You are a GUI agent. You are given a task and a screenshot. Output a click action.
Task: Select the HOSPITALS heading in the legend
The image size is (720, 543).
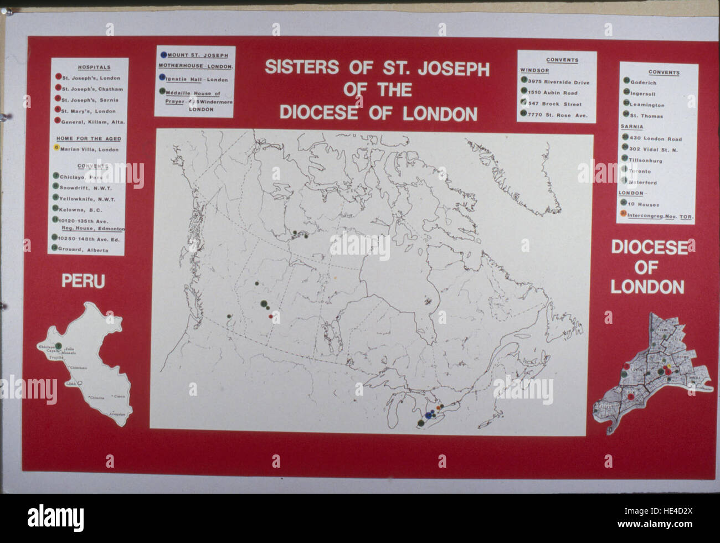coord(90,67)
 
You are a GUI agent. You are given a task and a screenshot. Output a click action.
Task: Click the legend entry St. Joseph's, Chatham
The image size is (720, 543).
coord(92,89)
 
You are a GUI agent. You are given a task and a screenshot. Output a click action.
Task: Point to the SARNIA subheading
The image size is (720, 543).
coord(631,127)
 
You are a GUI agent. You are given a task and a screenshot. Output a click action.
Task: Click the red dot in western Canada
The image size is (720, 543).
coord(270,316)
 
